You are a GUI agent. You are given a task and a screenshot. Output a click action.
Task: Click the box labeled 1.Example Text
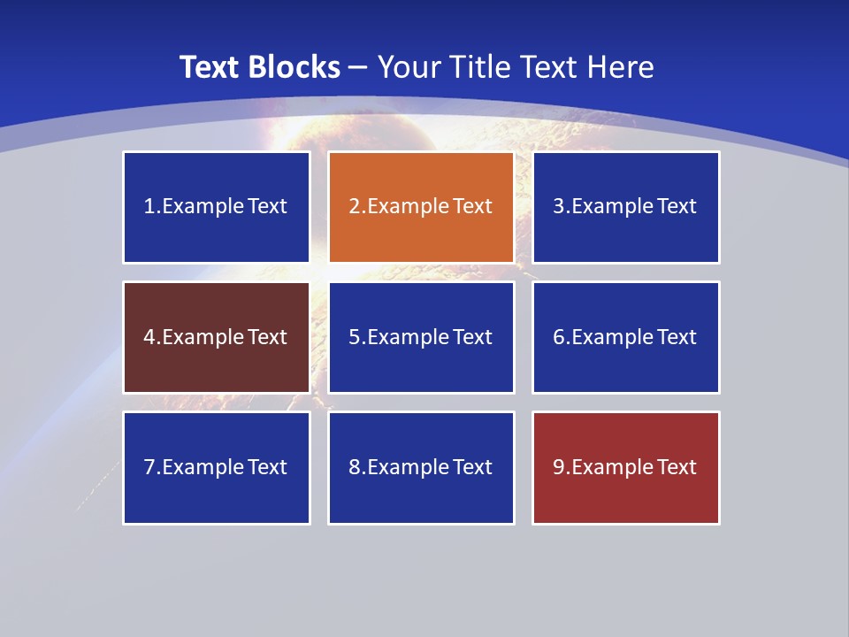click(x=217, y=207)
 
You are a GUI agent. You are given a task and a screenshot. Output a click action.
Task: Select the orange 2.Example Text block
click(x=421, y=207)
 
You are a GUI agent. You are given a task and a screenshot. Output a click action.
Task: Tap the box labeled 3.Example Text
click(x=626, y=207)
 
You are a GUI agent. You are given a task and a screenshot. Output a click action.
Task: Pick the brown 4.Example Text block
click(x=217, y=337)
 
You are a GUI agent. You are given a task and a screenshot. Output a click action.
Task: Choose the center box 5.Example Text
click(x=421, y=337)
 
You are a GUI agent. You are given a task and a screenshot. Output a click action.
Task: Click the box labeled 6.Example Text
click(x=626, y=337)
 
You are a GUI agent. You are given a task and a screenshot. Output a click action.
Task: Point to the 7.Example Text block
click(x=217, y=467)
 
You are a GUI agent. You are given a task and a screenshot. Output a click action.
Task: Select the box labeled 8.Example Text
click(x=421, y=467)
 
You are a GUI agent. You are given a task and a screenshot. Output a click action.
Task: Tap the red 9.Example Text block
click(x=626, y=467)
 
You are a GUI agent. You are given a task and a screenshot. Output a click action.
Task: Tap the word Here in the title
click(x=622, y=67)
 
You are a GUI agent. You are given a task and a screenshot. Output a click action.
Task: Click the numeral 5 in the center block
click(x=354, y=337)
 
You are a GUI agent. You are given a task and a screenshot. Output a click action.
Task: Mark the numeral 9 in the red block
click(x=559, y=467)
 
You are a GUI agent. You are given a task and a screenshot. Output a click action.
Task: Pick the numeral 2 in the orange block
click(x=354, y=207)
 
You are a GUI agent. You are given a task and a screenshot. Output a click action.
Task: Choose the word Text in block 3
click(x=677, y=207)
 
